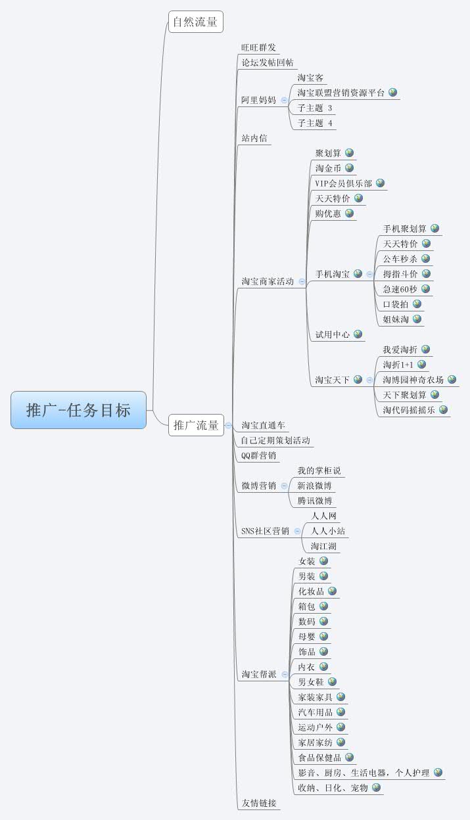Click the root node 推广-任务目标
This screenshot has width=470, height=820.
point(78,410)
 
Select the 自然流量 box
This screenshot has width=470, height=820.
point(195,22)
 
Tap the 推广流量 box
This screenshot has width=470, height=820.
point(195,425)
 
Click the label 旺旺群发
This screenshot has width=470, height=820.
point(258,48)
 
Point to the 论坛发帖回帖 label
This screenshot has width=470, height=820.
point(268,63)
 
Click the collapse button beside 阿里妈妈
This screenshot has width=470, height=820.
point(285,101)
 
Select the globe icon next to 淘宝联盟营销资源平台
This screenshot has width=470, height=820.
point(392,93)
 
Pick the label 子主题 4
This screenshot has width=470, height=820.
point(315,123)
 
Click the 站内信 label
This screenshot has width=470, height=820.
point(254,138)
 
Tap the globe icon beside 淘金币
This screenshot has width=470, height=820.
point(349,168)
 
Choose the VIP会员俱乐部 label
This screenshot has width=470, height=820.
point(343,183)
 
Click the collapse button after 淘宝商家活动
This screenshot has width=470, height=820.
point(302,281)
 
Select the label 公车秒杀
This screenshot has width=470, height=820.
point(400,259)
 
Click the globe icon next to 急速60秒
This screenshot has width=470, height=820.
point(425,288)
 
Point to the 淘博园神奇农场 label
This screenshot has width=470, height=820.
point(413,380)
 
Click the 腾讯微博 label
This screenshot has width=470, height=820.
point(314,501)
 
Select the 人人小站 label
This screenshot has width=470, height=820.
point(328,531)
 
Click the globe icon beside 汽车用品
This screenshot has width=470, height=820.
point(341,712)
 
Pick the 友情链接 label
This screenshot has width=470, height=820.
point(258,803)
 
